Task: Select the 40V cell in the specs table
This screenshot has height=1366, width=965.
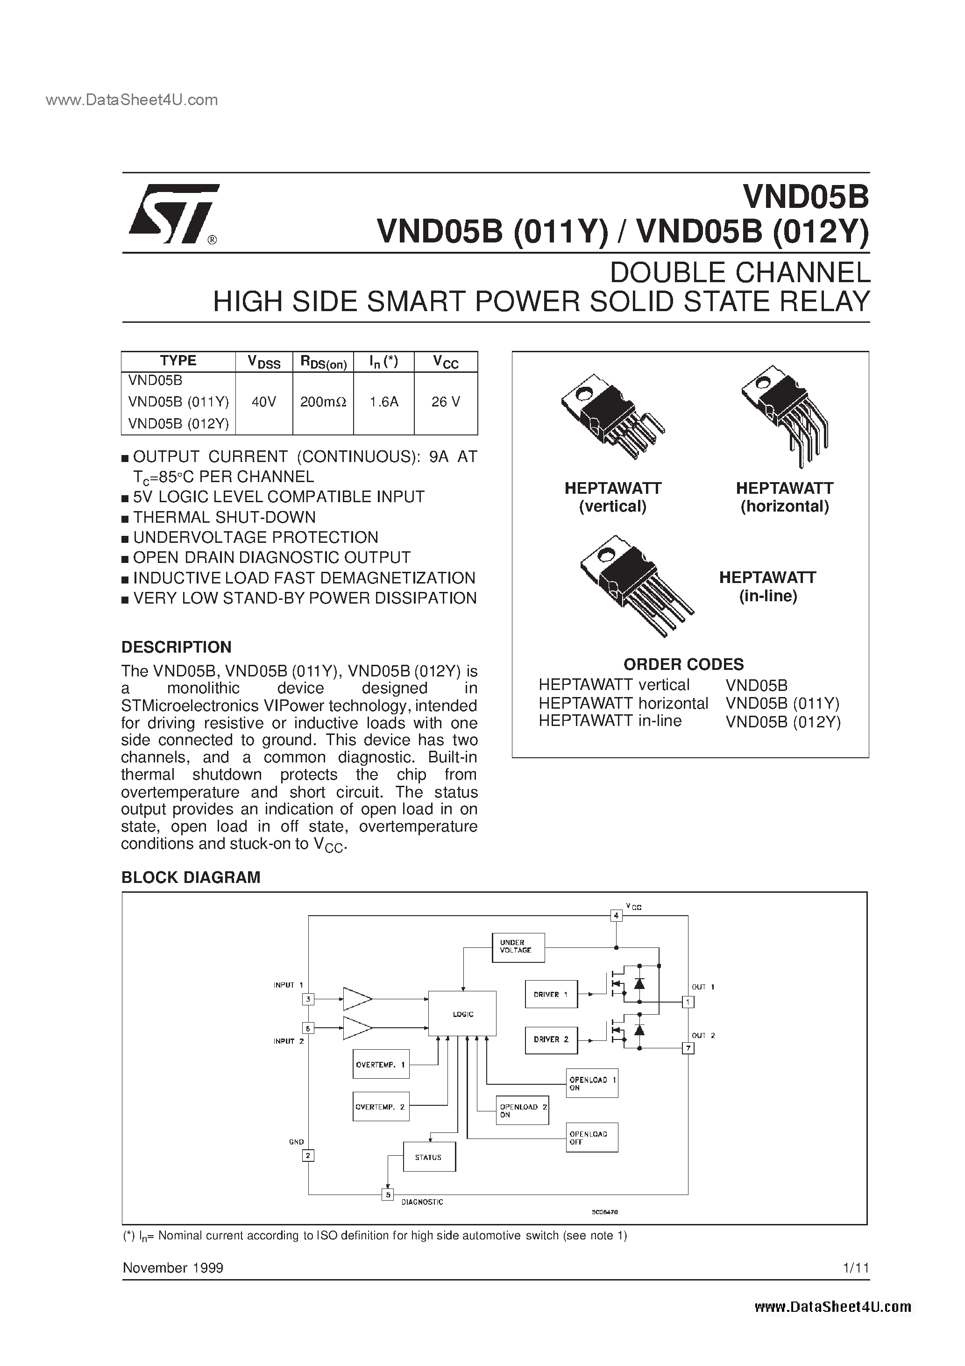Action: point(263,402)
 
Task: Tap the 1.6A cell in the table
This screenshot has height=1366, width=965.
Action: point(384,402)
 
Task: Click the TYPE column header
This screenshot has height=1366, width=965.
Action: point(178,361)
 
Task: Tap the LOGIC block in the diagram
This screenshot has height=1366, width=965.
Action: point(462,1013)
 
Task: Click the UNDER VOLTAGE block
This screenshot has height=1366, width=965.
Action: point(518,947)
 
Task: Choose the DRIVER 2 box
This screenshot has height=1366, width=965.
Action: point(551,1039)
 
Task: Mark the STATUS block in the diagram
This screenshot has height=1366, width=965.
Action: point(429,1157)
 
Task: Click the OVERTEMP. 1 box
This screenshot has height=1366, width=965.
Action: point(381,1064)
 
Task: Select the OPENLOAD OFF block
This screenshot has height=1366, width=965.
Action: point(592,1138)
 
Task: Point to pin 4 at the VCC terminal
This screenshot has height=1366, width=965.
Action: point(617,915)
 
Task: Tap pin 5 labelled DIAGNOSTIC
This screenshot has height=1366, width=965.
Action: point(387,1194)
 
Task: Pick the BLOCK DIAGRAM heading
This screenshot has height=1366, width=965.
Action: point(191,877)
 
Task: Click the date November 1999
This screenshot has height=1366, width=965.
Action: point(173,1268)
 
